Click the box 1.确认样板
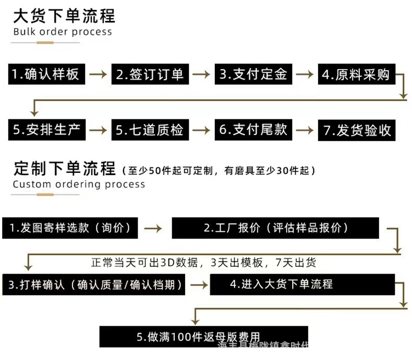tap(46, 74)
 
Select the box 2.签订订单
tap(150, 74)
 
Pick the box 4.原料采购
tap(357, 74)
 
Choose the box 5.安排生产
tap(46, 129)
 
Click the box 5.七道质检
tap(150, 129)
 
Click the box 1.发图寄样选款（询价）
tap(70, 228)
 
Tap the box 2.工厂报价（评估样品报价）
tap(275, 228)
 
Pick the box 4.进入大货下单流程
tap(302, 284)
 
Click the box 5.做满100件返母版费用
tap(204, 337)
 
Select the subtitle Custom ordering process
tap(79, 184)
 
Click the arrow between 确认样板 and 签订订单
tap(98, 75)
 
